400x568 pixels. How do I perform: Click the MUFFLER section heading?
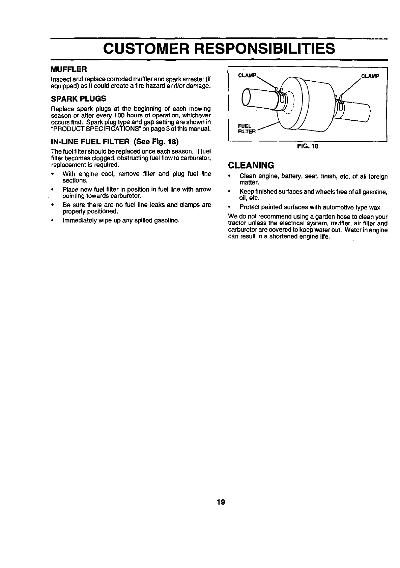point(69,69)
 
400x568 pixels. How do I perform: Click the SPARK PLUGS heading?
point(78,99)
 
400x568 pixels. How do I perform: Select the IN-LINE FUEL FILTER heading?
point(114,141)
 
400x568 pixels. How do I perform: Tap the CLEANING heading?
point(251,165)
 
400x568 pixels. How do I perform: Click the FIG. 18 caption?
point(308,146)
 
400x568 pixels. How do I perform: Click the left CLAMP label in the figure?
point(247,75)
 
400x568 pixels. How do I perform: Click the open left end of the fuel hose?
point(247,97)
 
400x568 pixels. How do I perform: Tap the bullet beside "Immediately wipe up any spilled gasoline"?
point(53,221)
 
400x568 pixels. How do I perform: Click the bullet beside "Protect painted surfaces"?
point(230,207)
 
